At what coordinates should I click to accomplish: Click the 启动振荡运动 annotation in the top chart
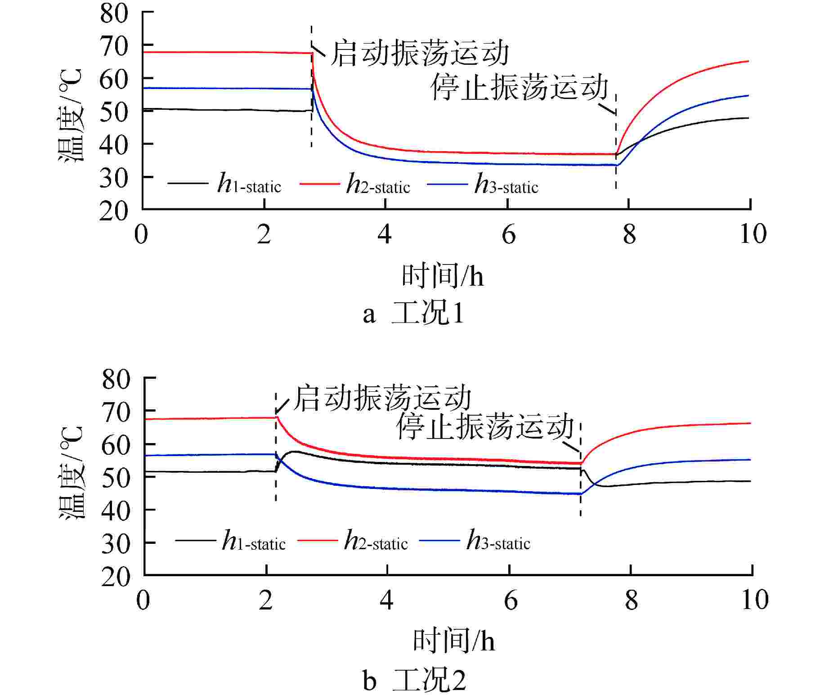419,54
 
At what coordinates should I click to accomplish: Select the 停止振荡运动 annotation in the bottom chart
485,426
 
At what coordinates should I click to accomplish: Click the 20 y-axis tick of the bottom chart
116,577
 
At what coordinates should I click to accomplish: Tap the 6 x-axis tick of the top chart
508,235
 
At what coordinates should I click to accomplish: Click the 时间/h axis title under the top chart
443,276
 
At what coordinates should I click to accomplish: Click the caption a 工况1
413,314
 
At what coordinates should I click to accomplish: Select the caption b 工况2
414,681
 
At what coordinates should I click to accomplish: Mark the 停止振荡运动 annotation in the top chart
519,87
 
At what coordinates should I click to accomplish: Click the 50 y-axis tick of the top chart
114,112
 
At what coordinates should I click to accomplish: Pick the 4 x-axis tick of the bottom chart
386,600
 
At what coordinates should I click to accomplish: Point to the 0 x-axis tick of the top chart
141,235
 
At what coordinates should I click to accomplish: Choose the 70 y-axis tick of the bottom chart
116,412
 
